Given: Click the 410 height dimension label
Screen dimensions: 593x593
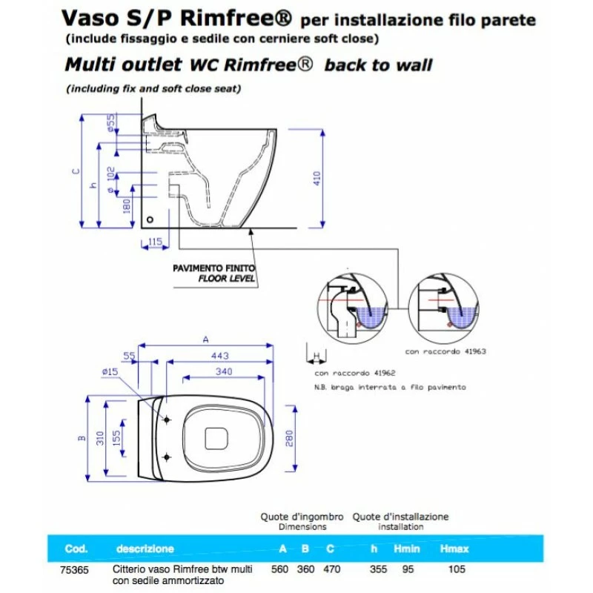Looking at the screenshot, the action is (317, 178).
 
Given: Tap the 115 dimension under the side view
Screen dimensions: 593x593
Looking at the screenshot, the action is (155, 242).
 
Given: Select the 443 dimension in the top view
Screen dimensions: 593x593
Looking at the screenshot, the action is (220, 356).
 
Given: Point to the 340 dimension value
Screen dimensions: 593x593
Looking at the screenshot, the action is (224, 371).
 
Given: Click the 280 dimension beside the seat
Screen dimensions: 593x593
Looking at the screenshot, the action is (289, 438).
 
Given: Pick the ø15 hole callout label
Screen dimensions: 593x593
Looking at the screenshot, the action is (110, 372).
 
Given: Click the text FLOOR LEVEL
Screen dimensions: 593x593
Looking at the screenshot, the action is (227, 279).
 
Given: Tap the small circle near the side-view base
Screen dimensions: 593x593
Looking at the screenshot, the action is (150, 219).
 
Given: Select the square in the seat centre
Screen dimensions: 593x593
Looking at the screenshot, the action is (216, 439).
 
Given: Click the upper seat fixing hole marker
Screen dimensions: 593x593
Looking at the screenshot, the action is (166, 420).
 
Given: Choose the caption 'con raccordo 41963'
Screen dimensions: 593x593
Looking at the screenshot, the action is (445, 351).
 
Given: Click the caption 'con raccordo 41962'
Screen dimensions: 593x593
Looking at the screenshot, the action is (355, 373).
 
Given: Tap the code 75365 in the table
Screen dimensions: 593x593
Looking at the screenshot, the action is (75, 570).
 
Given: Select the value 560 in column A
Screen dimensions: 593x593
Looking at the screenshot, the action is (280, 569).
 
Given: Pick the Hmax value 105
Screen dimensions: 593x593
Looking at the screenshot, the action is (457, 569).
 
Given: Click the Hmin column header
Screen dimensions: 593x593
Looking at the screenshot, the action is (406, 549).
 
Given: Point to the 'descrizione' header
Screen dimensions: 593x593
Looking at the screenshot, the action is (145, 549).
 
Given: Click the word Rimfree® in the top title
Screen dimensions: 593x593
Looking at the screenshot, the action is (236, 18).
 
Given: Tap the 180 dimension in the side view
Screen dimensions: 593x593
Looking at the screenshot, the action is (127, 206).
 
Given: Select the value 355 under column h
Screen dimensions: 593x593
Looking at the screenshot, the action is (378, 569).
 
